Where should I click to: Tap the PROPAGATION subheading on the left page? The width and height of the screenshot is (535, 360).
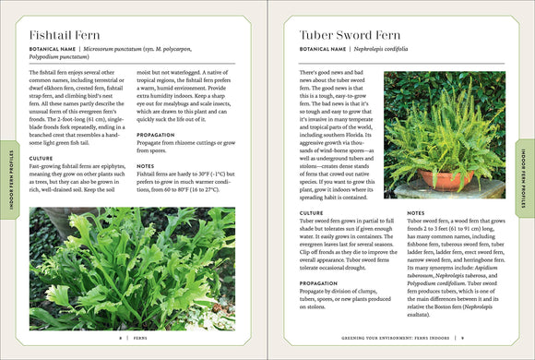pos(155,134)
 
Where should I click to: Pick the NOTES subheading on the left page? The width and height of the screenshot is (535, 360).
pos(145,166)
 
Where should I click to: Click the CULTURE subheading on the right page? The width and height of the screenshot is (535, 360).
pos(312,212)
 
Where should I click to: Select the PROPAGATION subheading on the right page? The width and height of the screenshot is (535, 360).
pos(319,282)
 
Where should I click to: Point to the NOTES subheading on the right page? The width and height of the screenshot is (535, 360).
pos(415,212)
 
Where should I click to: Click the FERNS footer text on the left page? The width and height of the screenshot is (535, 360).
pos(138,339)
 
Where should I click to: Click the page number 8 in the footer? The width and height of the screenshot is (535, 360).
pos(120,339)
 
